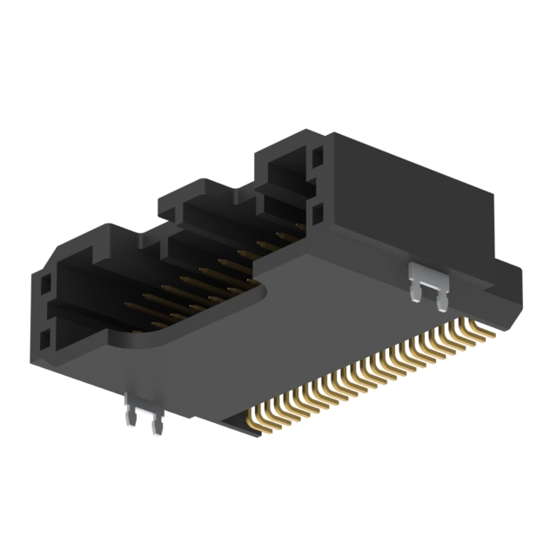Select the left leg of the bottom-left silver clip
[131, 417]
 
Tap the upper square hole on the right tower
[316, 158]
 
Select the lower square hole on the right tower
[316, 212]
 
